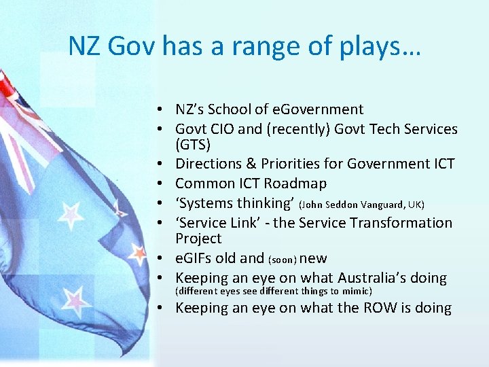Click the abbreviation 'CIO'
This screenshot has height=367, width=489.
tap(223, 129)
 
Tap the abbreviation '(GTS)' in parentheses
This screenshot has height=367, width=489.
tap(193, 145)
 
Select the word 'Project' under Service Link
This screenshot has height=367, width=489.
tap(198, 239)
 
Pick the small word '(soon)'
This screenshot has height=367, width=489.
tap(282, 260)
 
